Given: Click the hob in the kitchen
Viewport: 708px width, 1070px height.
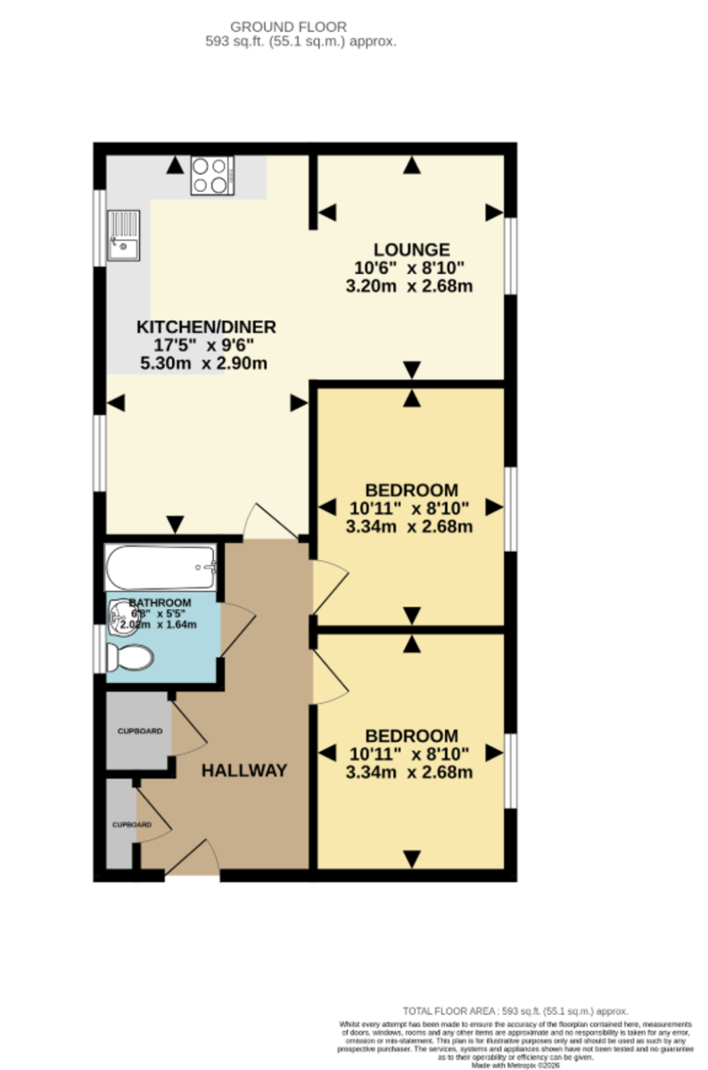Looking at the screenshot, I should pyautogui.click(x=211, y=175).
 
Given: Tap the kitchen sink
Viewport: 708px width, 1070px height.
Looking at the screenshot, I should pyautogui.click(x=123, y=235).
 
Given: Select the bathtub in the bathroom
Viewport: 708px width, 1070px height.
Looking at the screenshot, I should pyautogui.click(x=161, y=564).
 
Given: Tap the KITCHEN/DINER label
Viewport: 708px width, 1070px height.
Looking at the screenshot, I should pyautogui.click(x=206, y=327).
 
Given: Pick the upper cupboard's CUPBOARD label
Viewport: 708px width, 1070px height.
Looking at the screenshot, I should pyautogui.click(x=140, y=731).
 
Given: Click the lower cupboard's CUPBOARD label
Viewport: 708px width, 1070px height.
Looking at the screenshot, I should pyautogui.click(x=131, y=825).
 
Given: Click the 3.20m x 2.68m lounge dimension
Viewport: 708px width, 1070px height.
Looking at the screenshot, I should pyautogui.click(x=409, y=286).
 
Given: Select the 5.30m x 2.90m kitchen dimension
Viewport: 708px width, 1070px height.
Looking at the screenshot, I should pyautogui.click(x=204, y=363).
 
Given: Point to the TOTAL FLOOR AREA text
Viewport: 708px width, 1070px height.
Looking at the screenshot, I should pyautogui.click(x=515, y=1011).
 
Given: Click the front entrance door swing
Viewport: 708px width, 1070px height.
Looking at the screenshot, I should pyautogui.click(x=193, y=859).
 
